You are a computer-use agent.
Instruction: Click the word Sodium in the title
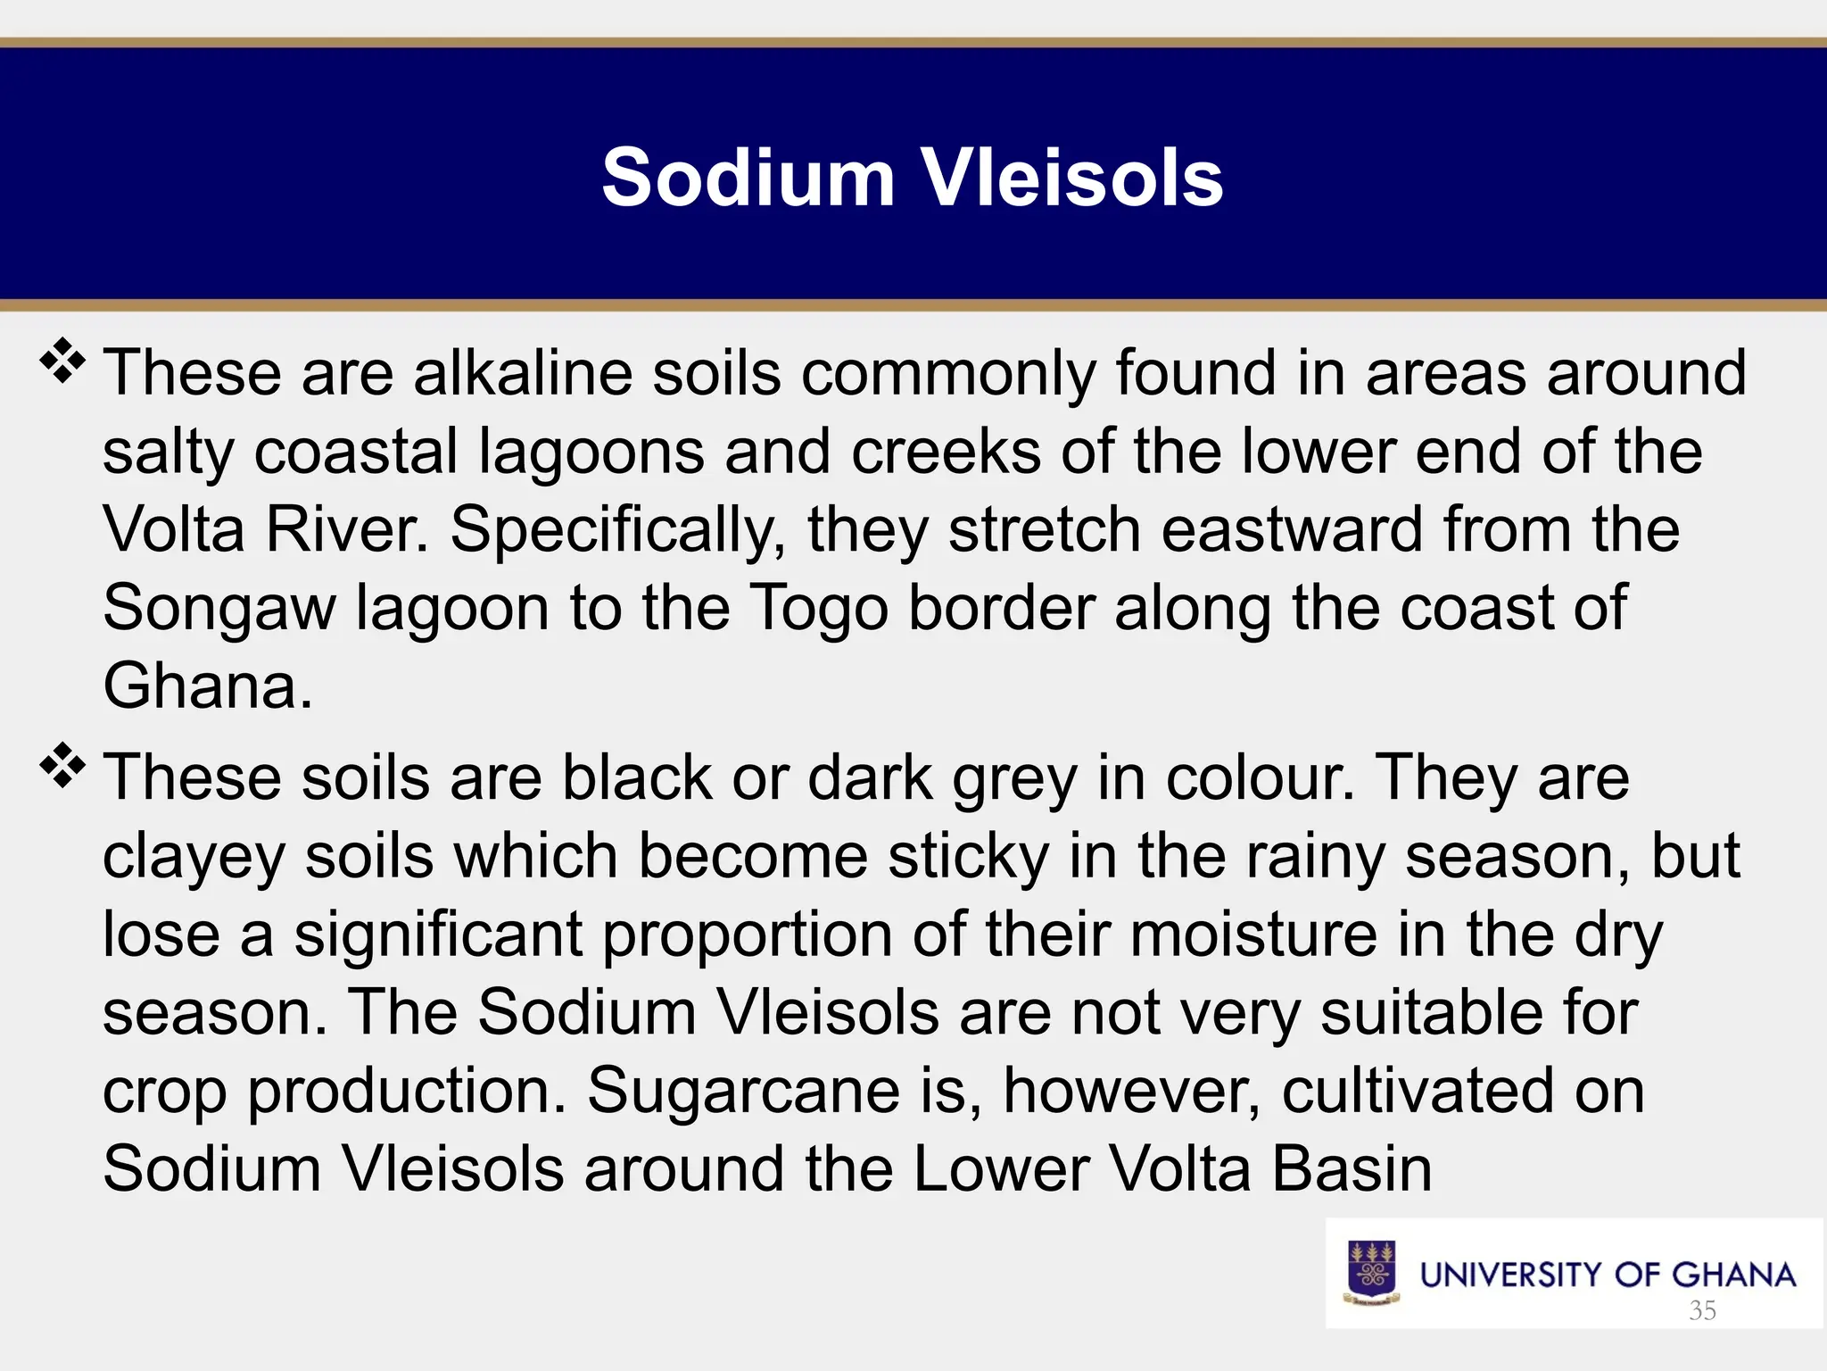click(x=748, y=178)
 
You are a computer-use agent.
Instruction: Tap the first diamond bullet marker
click(x=62, y=361)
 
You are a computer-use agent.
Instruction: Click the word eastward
click(x=1292, y=529)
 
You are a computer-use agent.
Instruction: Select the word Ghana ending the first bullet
click(x=207, y=686)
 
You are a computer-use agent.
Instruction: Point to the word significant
click(x=439, y=935)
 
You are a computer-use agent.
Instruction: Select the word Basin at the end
click(x=1352, y=1168)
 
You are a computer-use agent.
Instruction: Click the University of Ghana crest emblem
click(x=1372, y=1273)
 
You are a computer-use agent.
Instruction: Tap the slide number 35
click(x=1702, y=1310)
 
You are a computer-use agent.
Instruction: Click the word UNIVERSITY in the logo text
click(x=1514, y=1275)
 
